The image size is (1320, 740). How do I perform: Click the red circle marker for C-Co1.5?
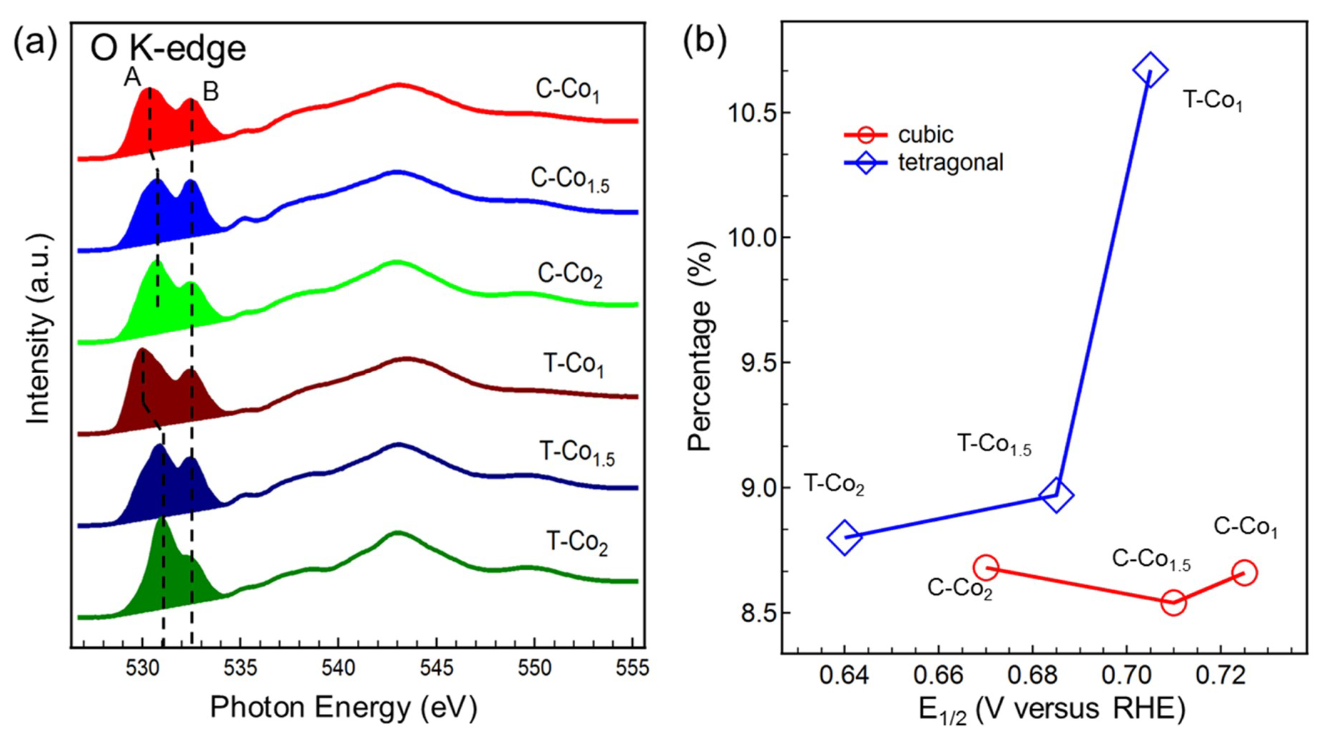click(x=1173, y=603)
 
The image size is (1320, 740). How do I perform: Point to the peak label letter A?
click(x=132, y=78)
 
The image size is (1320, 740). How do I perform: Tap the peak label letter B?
click(x=210, y=93)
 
